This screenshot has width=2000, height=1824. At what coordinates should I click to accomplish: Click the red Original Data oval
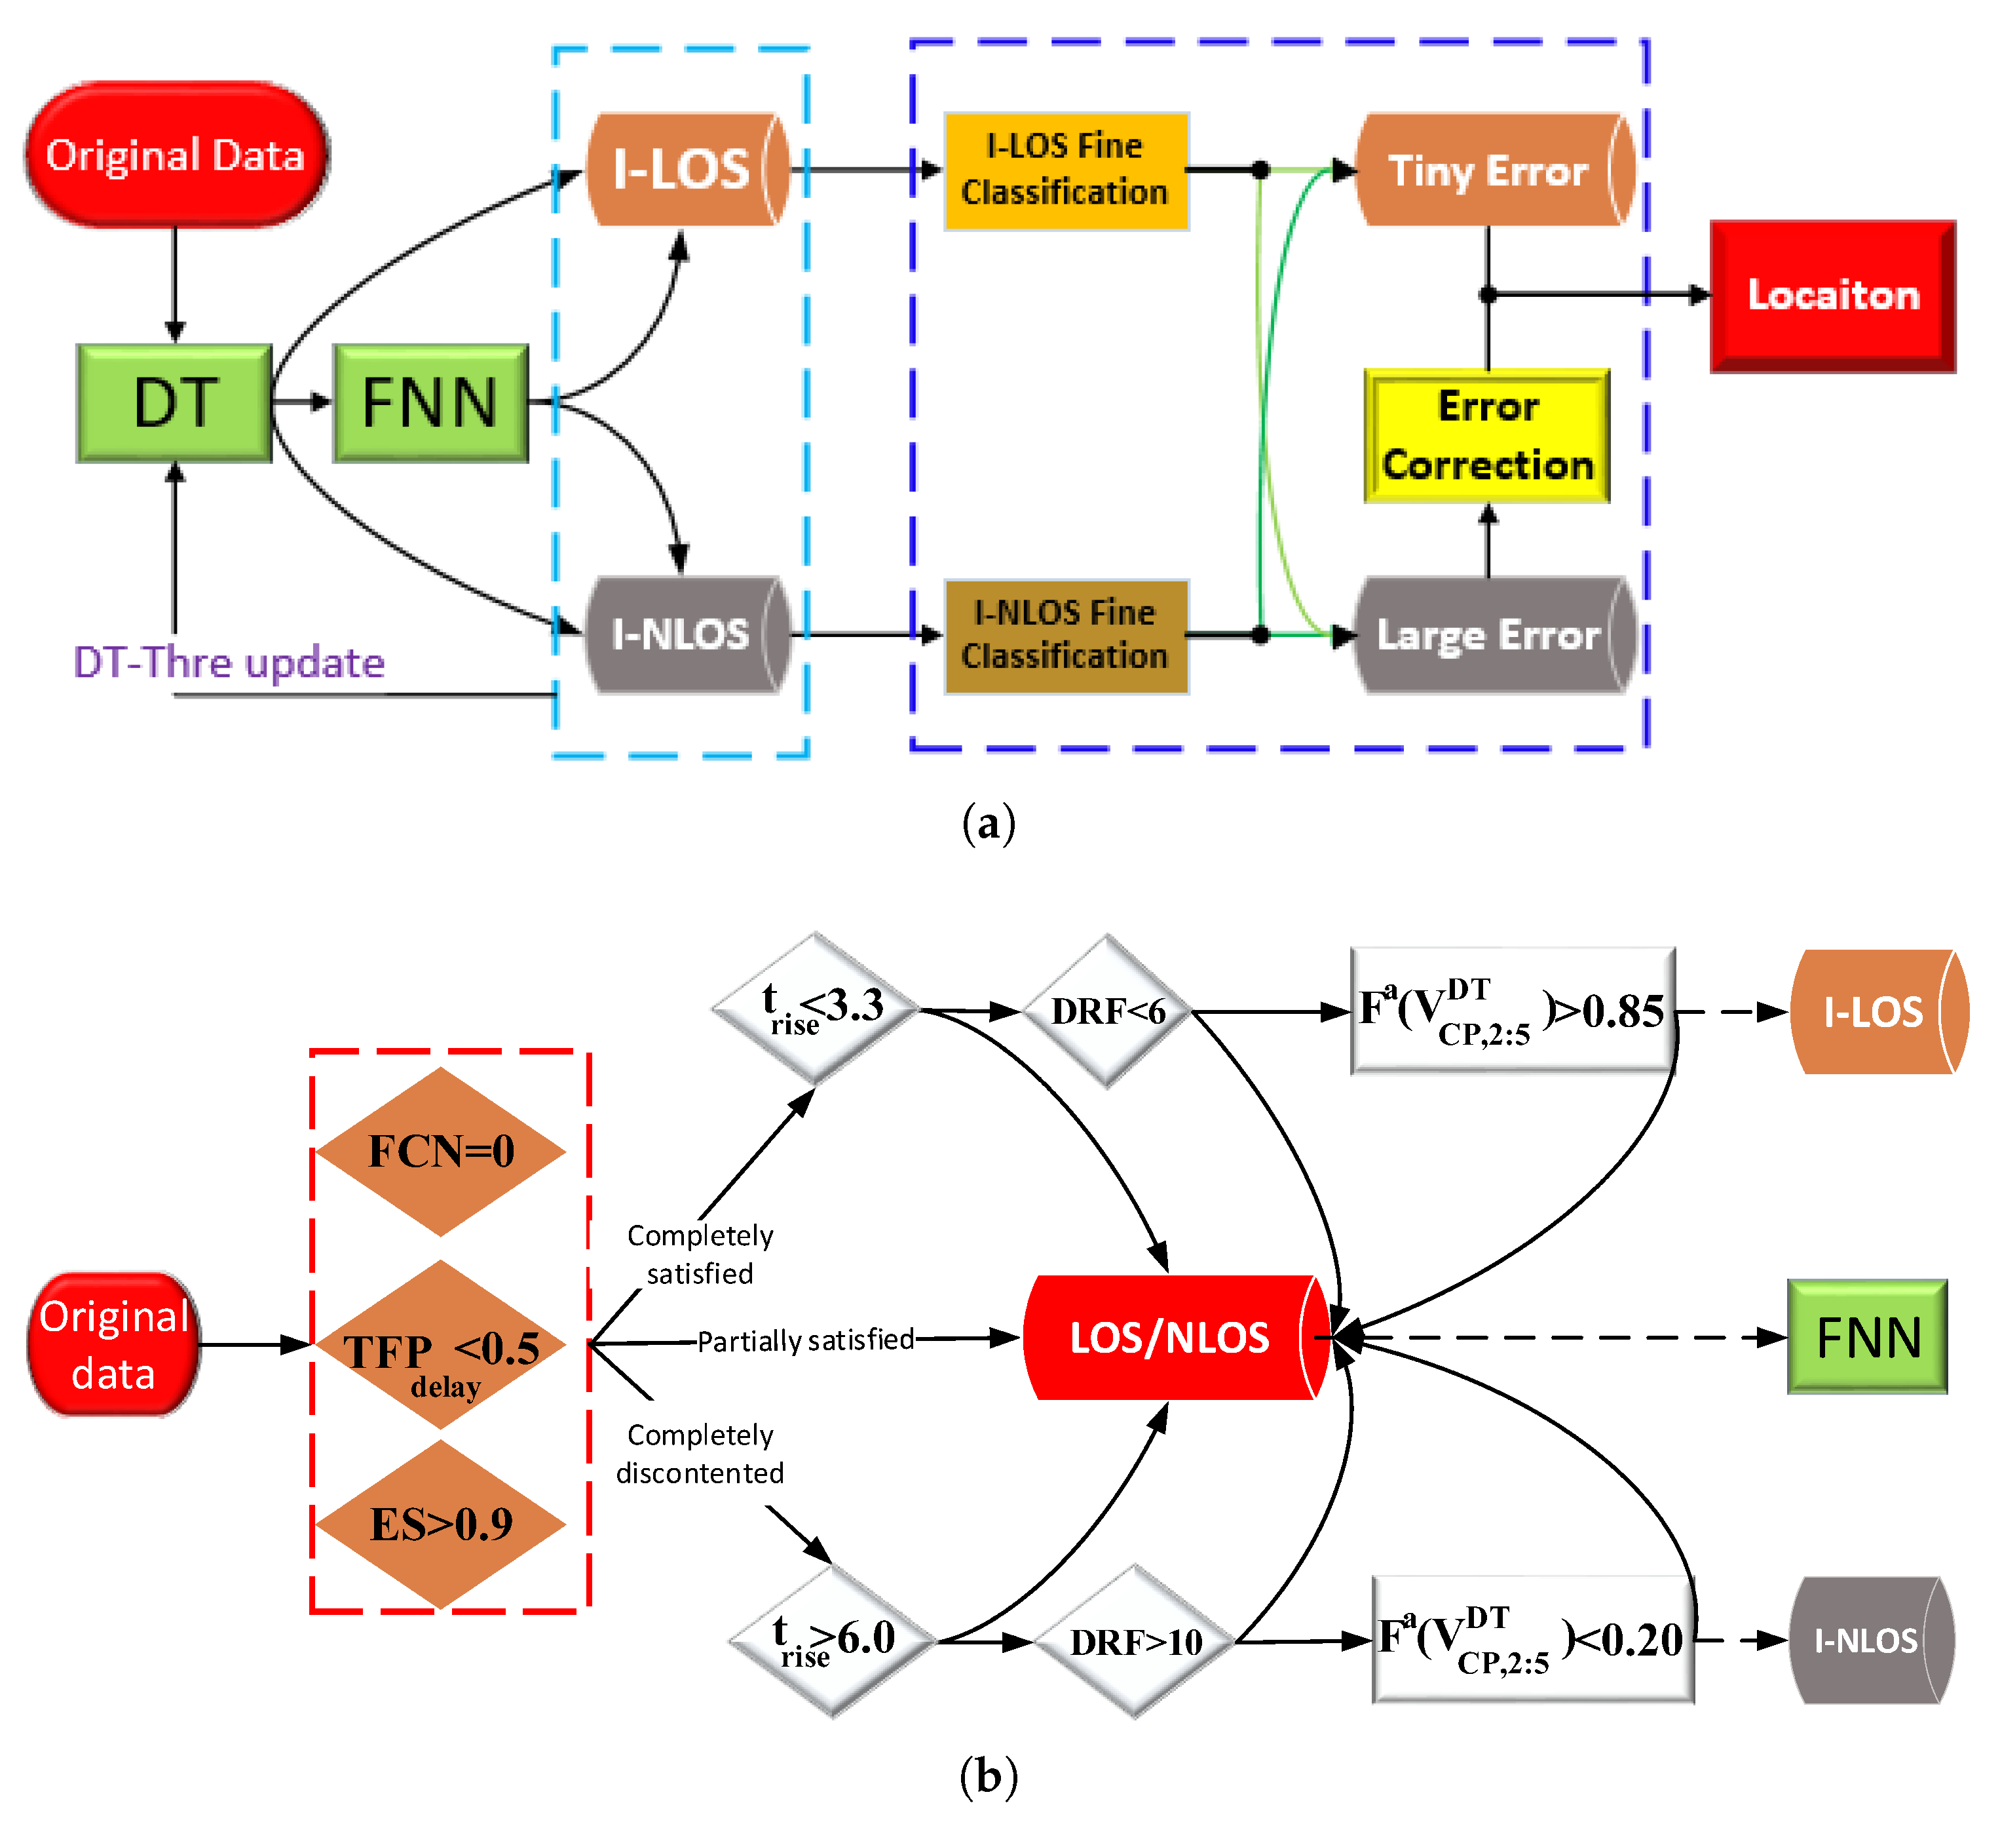[176, 155]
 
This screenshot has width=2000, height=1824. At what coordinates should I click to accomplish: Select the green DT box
[175, 403]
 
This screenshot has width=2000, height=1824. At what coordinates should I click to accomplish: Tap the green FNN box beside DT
[430, 403]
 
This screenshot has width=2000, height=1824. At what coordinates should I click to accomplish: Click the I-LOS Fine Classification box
[1065, 170]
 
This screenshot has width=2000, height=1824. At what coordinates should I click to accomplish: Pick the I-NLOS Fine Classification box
[1065, 635]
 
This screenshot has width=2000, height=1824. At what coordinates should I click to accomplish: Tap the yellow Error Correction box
[1486, 436]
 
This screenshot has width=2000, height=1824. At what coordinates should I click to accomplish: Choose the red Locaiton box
[1832, 296]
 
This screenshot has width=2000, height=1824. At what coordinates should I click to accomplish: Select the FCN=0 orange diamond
[440, 1151]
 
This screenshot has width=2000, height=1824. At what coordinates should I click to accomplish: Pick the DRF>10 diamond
[1135, 1641]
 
